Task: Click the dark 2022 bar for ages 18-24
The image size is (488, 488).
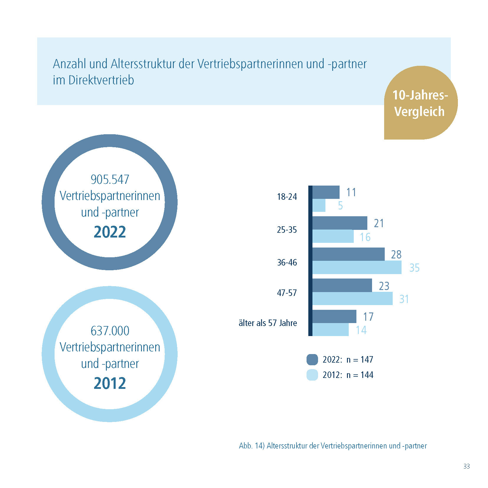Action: point(326,192)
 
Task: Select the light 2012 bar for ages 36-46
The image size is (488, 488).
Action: point(357,267)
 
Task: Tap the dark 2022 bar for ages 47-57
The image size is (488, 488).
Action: point(342,285)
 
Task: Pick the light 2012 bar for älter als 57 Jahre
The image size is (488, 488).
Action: point(330,330)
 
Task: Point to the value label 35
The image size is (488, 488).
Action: point(414,268)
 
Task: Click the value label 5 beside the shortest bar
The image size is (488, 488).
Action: point(340,205)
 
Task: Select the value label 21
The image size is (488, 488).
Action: point(379,223)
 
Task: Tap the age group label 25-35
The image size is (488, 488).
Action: point(287,230)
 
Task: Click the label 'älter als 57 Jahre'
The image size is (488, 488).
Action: point(268,323)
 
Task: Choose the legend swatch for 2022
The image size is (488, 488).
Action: point(312,359)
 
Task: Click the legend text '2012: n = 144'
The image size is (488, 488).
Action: point(348,375)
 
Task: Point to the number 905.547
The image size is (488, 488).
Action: point(110,179)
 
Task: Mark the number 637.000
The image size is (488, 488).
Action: point(110,331)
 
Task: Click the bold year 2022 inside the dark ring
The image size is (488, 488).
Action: point(110,232)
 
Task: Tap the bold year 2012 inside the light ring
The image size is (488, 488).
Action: point(110,383)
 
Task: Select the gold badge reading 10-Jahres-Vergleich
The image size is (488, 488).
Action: point(420,103)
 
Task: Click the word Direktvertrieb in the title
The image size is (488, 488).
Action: point(101,80)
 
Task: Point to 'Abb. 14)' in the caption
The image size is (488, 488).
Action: point(252,446)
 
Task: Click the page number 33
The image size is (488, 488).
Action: point(466,466)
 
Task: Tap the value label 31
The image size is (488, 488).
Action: point(404,299)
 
